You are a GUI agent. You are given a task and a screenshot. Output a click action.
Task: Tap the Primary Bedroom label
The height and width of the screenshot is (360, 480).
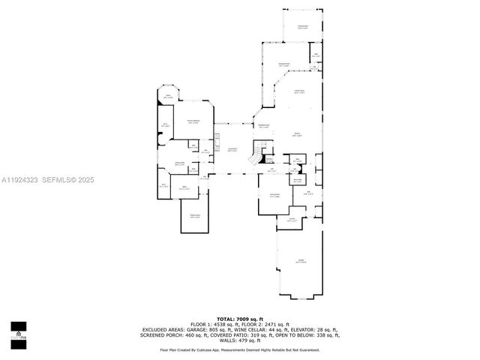[x=193, y=121]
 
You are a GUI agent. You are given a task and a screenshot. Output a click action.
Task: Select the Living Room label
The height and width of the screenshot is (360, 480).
[x=233, y=150]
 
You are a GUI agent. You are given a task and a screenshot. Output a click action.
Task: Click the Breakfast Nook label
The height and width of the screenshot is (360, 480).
[x=264, y=126]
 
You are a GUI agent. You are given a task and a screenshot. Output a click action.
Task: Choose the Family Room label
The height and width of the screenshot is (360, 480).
[x=299, y=91]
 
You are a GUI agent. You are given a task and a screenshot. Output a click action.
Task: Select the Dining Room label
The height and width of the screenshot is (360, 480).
[x=275, y=196]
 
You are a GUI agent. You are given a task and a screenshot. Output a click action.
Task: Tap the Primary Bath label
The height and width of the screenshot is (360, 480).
[x=180, y=163]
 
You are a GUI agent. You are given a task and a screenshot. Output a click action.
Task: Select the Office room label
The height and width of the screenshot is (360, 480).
[x=183, y=188]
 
